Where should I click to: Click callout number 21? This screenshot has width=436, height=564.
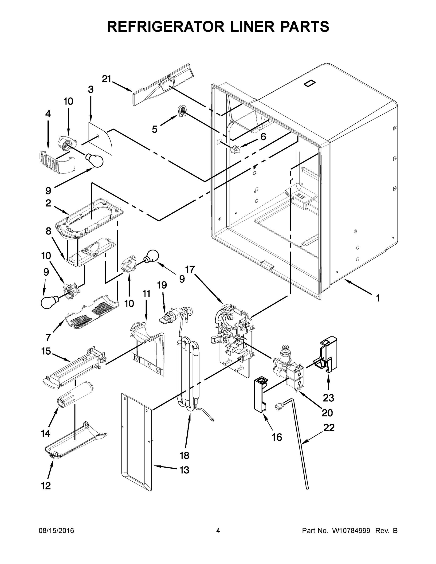tap(106, 79)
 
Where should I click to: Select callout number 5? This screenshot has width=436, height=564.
tap(154, 129)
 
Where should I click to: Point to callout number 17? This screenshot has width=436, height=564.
tap(190, 270)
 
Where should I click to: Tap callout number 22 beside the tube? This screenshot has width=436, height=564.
tap(329, 428)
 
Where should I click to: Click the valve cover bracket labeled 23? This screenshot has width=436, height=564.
tap(326, 354)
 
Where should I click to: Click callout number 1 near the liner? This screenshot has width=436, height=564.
tap(378, 298)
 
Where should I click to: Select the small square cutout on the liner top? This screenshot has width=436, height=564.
tap(310, 84)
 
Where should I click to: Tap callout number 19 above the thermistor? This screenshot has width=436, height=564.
tap(162, 285)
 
